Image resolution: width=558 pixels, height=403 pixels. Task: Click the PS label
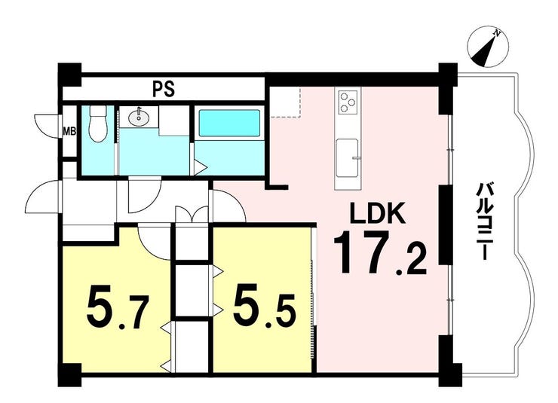(x=164, y=90)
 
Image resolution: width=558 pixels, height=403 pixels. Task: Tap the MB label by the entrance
(x=69, y=132)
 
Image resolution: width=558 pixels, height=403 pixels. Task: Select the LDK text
(x=378, y=212)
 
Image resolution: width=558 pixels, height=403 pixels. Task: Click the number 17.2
(x=380, y=252)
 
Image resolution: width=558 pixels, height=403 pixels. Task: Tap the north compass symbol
(x=488, y=47)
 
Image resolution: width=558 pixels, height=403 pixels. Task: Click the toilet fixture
(x=97, y=123)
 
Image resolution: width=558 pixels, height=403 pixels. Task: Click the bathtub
(x=229, y=123)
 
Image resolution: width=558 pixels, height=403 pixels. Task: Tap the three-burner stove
(x=348, y=101)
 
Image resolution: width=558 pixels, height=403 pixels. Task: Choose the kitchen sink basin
(x=348, y=158)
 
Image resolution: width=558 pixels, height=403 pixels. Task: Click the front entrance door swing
(x=42, y=197)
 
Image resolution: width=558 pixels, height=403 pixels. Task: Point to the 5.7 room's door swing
(x=155, y=243)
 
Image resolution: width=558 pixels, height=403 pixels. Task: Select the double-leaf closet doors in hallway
(x=192, y=215)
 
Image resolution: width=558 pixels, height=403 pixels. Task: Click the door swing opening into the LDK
(x=228, y=206)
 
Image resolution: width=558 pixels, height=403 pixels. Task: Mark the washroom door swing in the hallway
(x=145, y=195)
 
